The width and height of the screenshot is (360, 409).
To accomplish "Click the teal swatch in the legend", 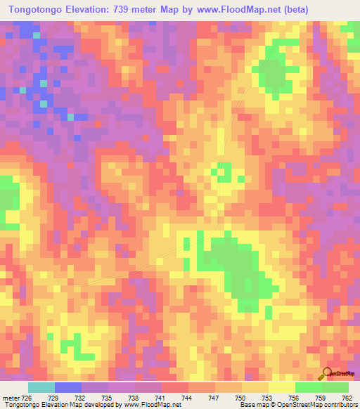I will click(x=41, y=387).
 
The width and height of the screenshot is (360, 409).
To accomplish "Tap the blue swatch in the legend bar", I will click(x=68, y=387).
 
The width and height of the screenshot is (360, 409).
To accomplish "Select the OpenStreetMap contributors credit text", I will click(x=314, y=404).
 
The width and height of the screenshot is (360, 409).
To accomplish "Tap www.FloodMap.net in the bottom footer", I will click(x=147, y=404).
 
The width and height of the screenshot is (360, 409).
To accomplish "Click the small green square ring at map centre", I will click(x=224, y=171).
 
